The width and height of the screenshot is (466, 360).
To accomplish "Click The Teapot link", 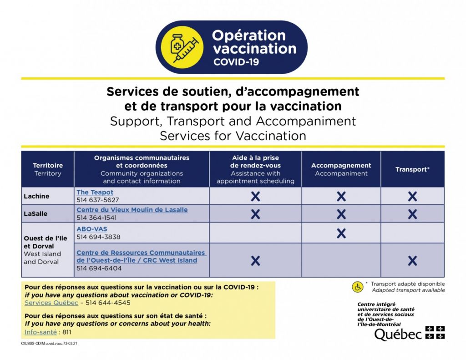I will tap(95, 193).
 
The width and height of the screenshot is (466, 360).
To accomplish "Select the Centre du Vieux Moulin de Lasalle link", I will tap(132, 210).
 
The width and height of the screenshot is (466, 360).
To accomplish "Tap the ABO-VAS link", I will tap(92, 229).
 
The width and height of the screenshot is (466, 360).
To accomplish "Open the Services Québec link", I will tap(51, 303).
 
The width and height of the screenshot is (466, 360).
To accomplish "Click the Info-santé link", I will tap(41, 332).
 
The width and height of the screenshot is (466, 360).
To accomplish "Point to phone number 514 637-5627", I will tap(97, 200).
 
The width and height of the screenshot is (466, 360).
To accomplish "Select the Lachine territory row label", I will tap(36, 196).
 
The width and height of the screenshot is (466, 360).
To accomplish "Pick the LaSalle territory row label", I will tap(36, 214).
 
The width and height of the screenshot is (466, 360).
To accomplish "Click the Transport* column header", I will tap(412, 169).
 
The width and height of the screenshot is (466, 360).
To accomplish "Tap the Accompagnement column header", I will tap(341, 169).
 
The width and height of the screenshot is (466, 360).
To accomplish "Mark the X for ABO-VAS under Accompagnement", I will tap(341, 233).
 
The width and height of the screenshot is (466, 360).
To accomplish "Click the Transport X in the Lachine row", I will tap(412, 197).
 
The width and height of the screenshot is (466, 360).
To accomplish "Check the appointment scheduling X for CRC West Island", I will tap(255, 261).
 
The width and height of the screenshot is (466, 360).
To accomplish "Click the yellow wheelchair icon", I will tap(358, 287).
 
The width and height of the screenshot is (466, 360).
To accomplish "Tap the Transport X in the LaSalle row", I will tap(412, 214).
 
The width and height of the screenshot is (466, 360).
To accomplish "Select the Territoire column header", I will tap(48, 169).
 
